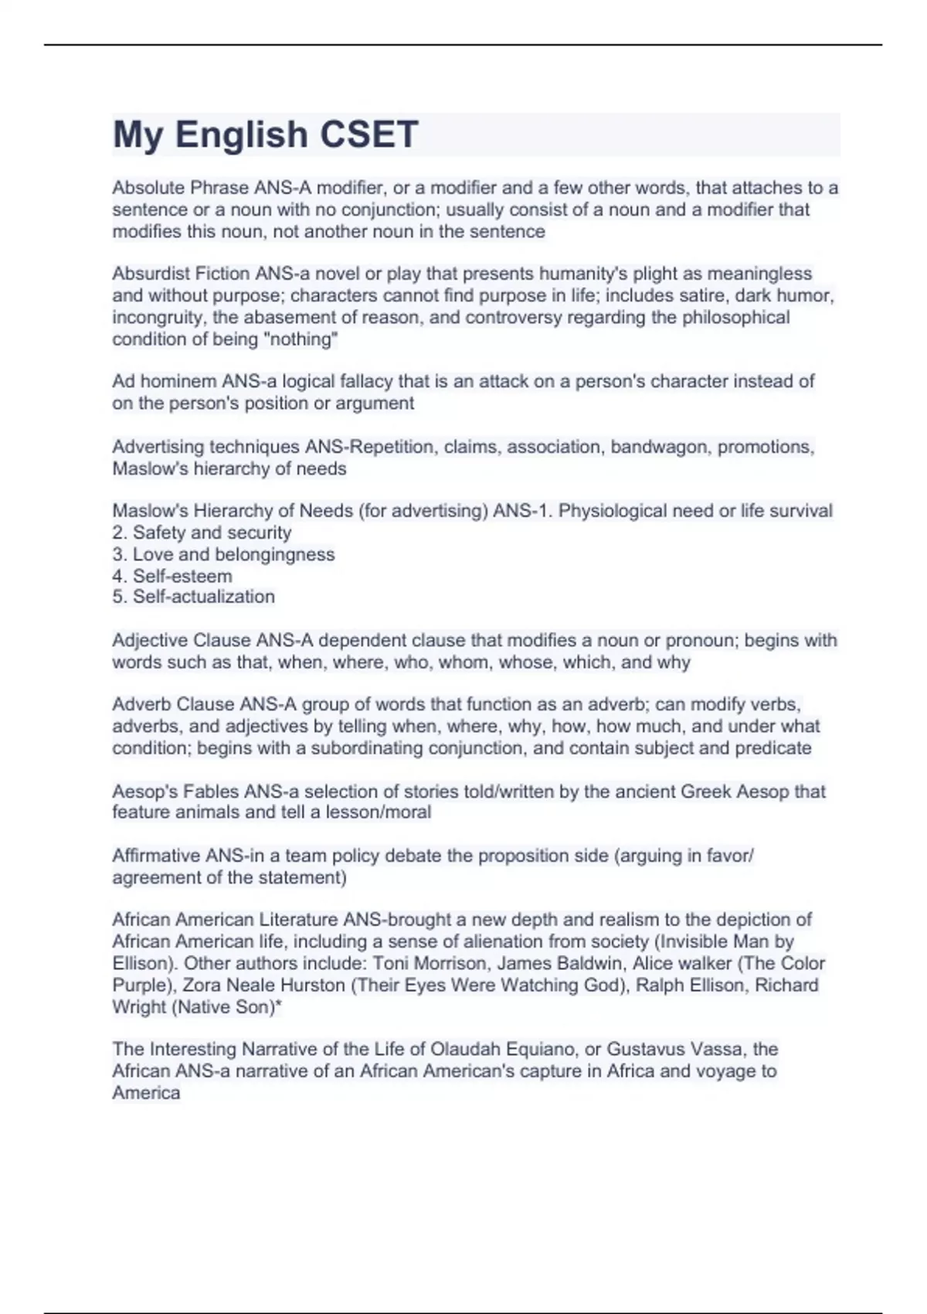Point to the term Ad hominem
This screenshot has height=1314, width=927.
165,381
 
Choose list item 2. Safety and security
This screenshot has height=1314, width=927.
202,533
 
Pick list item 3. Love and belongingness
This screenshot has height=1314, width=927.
223,554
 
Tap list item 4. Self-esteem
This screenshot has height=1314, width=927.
172,576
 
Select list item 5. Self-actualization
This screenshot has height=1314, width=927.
193,597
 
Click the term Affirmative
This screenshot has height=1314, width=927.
157,856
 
